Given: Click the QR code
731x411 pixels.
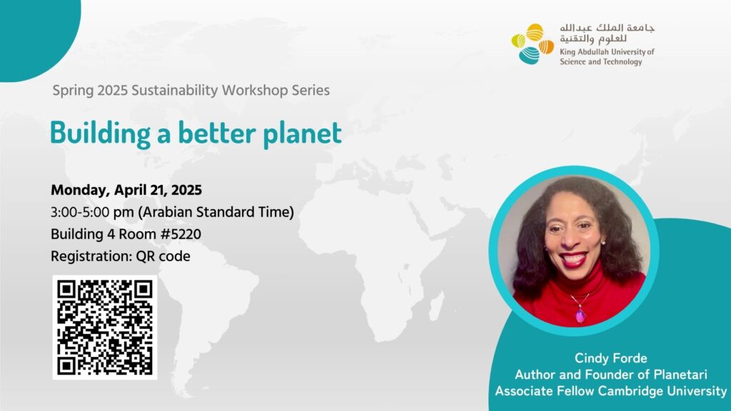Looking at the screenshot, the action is [x=105, y=327].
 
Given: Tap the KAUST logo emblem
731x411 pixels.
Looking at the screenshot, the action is [x=533, y=44].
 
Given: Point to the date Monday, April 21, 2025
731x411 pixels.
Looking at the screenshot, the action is [x=126, y=190].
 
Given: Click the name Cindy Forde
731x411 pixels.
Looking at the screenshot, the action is [x=611, y=358].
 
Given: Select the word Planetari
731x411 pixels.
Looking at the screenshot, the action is [x=680, y=374].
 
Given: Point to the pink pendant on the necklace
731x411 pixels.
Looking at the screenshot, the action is [x=580, y=315].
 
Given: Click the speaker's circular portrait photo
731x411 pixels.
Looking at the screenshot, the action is [x=574, y=250].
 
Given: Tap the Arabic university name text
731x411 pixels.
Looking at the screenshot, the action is [x=607, y=33].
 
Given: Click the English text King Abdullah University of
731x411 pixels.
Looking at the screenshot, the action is [x=607, y=51].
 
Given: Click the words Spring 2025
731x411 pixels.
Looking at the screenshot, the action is [x=90, y=91].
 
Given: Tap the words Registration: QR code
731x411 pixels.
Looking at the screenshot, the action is [x=120, y=256].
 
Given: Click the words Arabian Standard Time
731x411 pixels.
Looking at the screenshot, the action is [x=216, y=212].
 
